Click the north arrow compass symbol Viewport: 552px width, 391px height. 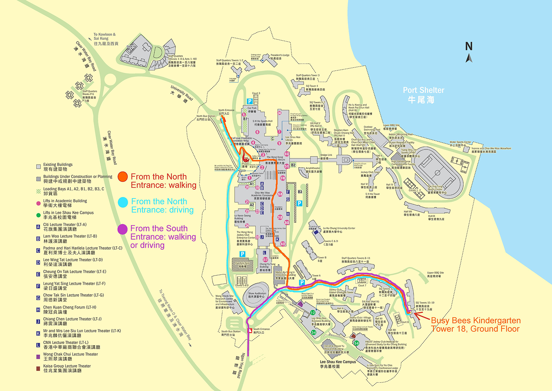tap(469, 52)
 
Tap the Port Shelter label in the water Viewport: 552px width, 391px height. tap(423, 95)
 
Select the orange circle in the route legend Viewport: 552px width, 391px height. tap(123, 177)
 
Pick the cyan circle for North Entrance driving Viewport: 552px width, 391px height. tap(123, 202)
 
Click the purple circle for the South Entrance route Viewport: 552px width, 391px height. tap(123, 229)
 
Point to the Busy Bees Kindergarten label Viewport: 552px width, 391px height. tap(476, 324)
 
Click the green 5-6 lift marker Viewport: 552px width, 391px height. tap(357, 343)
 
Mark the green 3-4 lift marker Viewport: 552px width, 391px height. tap(314, 332)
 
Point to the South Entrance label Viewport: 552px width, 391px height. tap(261, 331)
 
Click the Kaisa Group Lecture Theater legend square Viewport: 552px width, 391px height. tap(38, 369)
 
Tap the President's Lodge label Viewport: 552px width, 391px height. tap(280, 57)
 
